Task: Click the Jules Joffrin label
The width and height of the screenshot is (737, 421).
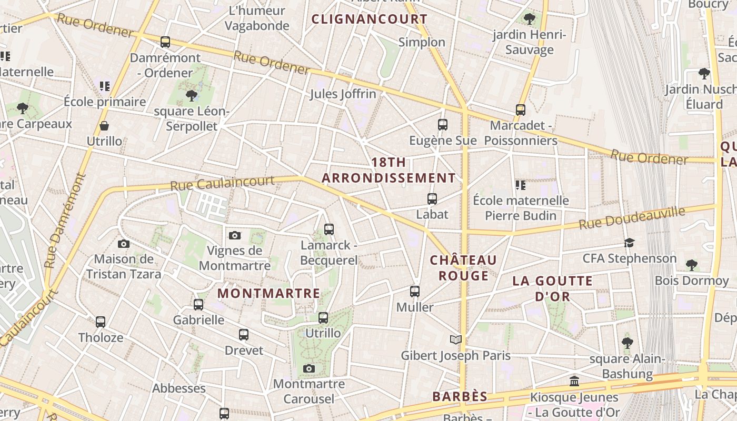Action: tap(343, 94)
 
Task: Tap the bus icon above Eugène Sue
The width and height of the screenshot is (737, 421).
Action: tap(443, 125)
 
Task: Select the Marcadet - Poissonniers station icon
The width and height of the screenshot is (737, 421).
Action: tap(521, 109)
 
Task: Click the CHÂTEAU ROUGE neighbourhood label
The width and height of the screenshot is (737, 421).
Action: tap(463, 268)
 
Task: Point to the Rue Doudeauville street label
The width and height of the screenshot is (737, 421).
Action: tap(632, 218)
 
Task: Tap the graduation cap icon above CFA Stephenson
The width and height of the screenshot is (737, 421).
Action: tap(629, 243)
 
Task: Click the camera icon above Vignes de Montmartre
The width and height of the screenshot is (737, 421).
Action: tap(235, 235)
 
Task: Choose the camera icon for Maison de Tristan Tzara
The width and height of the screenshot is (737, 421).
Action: tap(124, 244)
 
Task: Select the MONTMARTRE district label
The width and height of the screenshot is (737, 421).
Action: tap(269, 293)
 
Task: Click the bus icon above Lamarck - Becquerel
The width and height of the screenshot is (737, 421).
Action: tap(329, 229)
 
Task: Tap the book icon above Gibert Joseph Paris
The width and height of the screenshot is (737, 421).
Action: tap(456, 339)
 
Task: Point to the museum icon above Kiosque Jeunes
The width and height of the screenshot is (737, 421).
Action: tap(574, 381)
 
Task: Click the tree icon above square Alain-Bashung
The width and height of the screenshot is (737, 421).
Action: tap(627, 343)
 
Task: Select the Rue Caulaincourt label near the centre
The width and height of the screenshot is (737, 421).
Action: tap(222, 183)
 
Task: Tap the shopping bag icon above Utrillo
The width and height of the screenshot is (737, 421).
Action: tap(104, 126)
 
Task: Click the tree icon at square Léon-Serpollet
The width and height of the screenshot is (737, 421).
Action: tap(192, 95)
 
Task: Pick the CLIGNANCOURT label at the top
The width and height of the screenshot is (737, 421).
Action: tap(370, 19)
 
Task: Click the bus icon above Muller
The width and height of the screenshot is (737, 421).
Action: tap(415, 291)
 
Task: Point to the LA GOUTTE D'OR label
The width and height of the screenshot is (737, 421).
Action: tap(553, 288)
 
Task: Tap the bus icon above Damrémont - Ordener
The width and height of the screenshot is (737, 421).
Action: tap(165, 42)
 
